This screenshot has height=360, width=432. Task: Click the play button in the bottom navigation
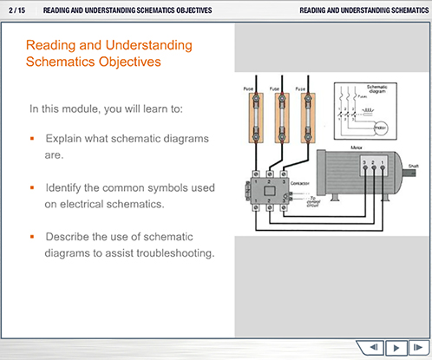396,347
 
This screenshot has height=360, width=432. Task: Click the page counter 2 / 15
17,10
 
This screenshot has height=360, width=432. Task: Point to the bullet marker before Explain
32,139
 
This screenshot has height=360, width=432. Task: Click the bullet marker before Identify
32,187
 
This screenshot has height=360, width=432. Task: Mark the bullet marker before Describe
32,237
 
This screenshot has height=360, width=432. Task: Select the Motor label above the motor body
356,148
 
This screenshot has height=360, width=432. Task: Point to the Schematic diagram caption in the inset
377,89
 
